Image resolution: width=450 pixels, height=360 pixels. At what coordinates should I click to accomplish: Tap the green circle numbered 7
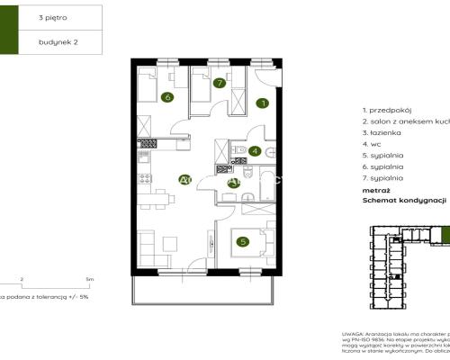(220, 83)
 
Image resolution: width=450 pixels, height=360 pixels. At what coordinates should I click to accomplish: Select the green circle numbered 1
(262, 103)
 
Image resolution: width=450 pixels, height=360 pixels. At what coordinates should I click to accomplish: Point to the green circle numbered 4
(256, 151)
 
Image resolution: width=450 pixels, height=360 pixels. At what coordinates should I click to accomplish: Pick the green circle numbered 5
(241, 240)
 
